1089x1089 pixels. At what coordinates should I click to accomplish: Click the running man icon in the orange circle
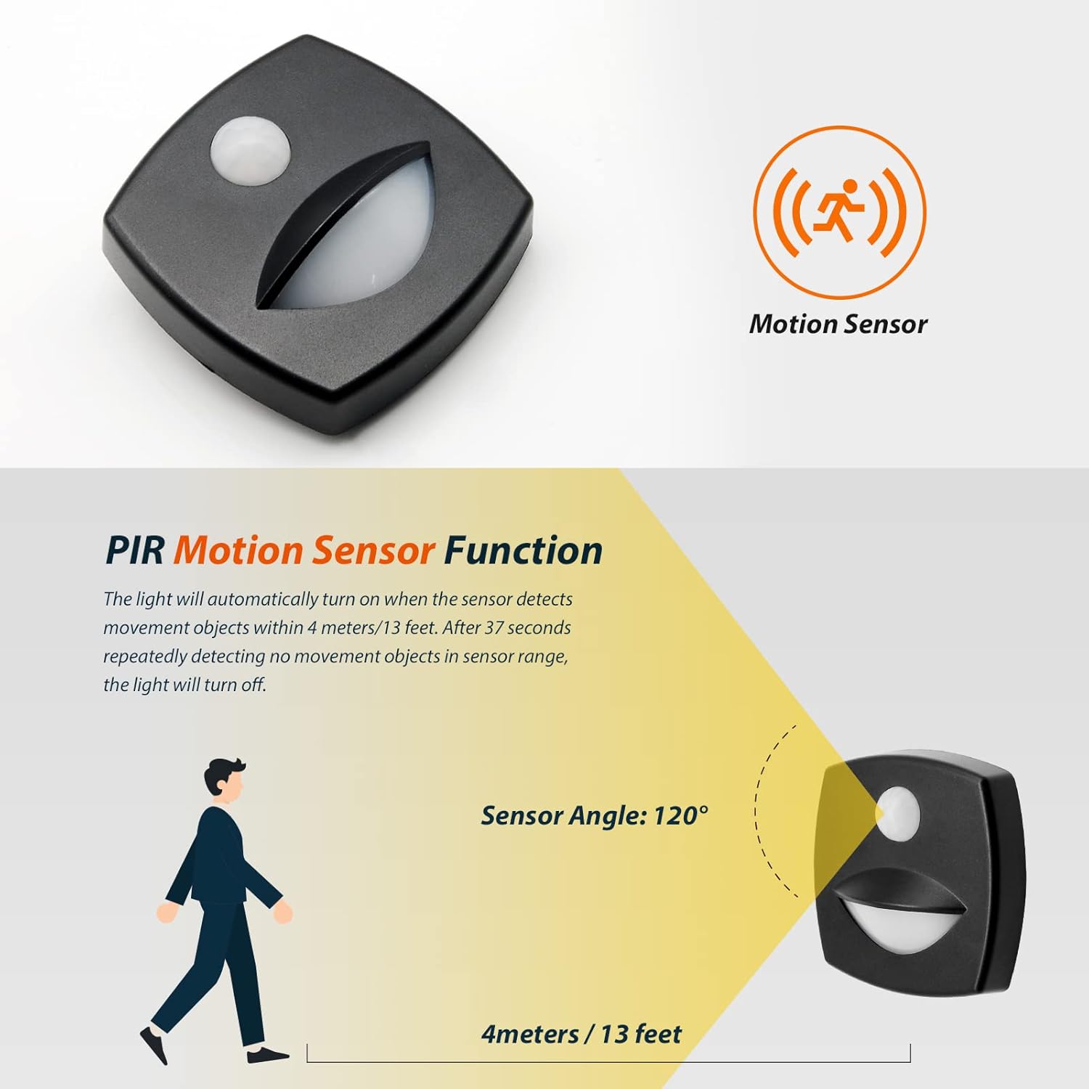point(839,211)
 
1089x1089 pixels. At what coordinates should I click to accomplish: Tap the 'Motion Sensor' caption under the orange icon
point(838,324)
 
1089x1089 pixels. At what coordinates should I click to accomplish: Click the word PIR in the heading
point(135,550)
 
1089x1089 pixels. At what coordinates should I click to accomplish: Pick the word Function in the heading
point(523,550)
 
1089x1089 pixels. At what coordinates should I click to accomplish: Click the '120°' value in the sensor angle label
point(680,815)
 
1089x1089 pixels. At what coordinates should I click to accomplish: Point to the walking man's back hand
point(167,913)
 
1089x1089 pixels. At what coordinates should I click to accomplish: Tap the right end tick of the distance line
point(910,1053)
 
